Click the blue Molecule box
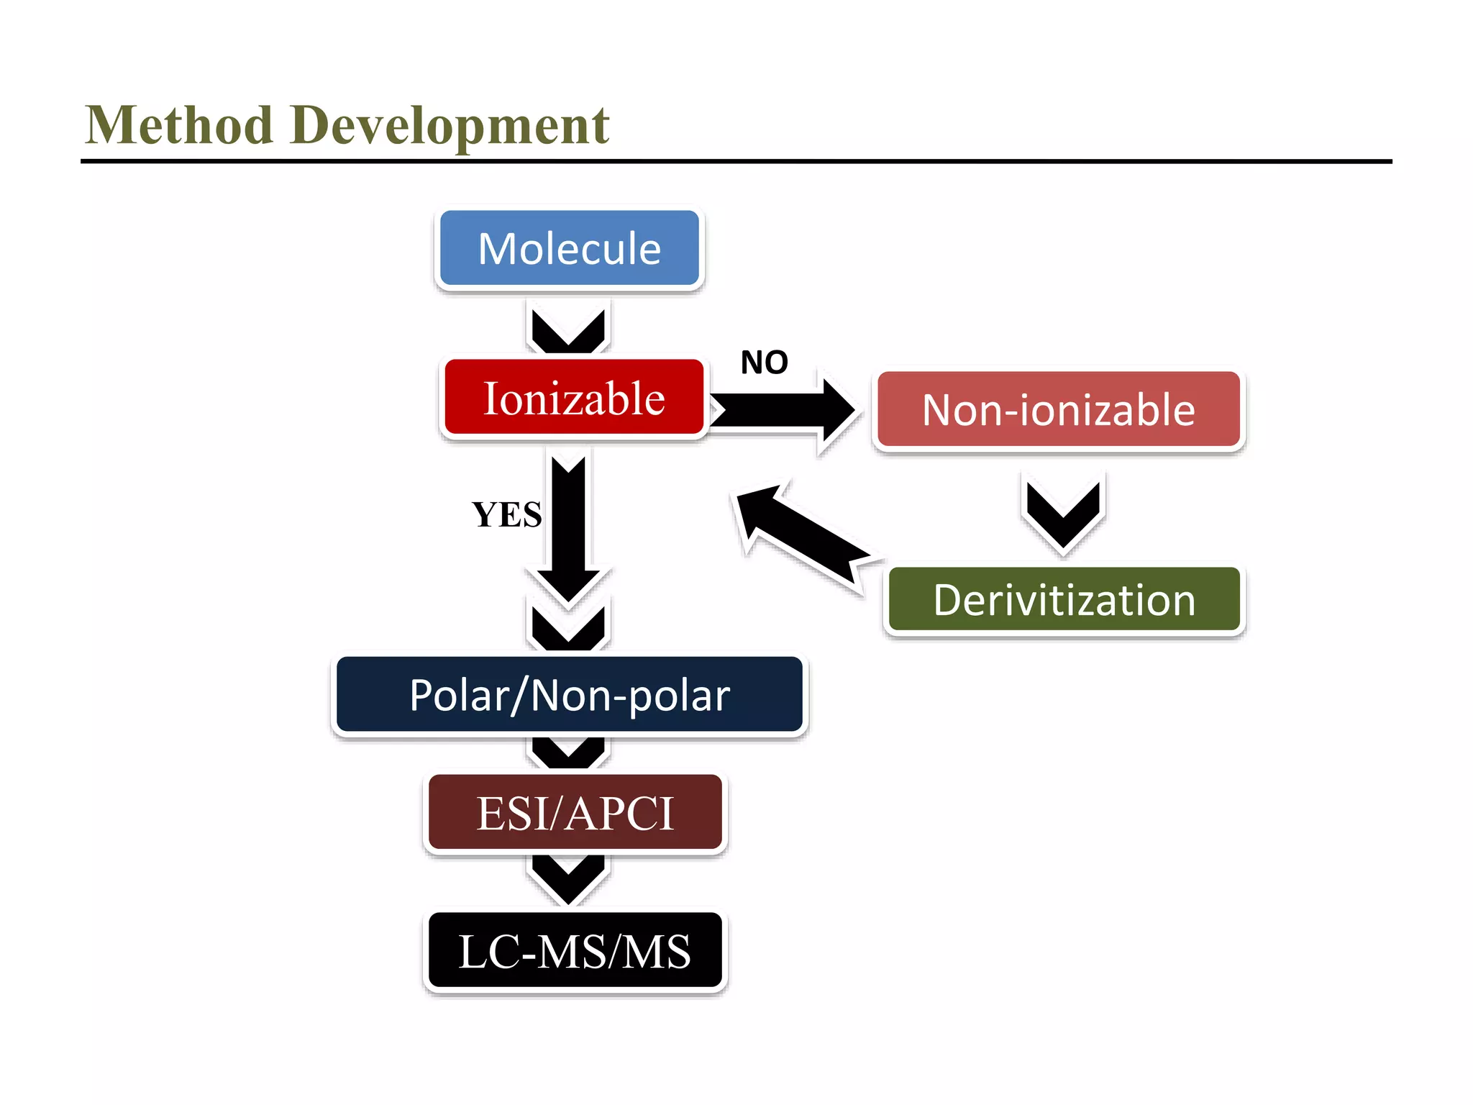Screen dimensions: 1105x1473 (569, 249)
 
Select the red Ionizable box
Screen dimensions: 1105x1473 (574, 398)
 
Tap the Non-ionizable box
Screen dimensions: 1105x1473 (1059, 410)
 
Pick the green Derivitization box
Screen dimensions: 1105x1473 (1064, 600)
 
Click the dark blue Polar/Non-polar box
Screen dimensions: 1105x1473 (569, 695)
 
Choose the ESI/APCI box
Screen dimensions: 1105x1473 (575, 813)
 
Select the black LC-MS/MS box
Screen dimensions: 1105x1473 (575, 951)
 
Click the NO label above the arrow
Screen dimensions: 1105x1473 (764, 363)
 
